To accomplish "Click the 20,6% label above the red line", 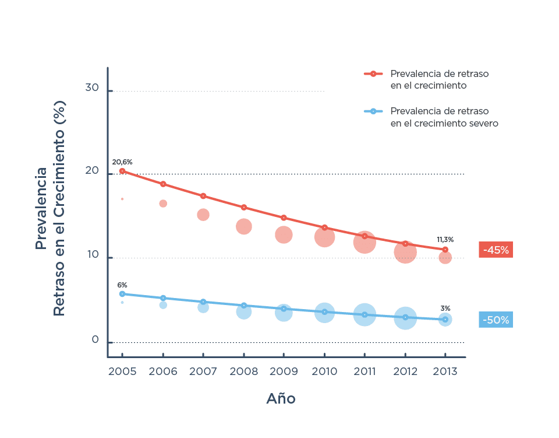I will pyautogui.click(x=122, y=162).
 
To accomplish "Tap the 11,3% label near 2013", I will pyautogui.click(x=445, y=240).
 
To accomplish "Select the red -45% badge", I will pyautogui.click(x=496, y=250).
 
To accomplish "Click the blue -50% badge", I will pyautogui.click(x=496, y=320).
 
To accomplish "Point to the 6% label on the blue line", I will pyautogui.click(x=122, y=285).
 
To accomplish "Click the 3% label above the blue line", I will pyautogui.click(x=445, y=309).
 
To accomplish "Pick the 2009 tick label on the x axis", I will pyautogui.click(x=284, y=372).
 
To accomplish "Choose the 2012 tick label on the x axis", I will pyautogui.click(x=405, y=372).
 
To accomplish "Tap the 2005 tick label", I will pyautogui.click(x=122, y=372).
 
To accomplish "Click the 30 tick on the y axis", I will pyautogui.click(x=92, y=88).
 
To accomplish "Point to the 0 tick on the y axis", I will pyautogui.click(x=95, y=340).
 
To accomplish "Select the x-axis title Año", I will pyautogui.click(x=281, y=399).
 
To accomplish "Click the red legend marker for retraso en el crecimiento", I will pyautogui.click(x=373, y=73).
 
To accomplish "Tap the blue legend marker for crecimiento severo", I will pyautogui.click(x=373, y=111).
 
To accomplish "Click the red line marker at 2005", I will pyautogui.click(x=122, y=171).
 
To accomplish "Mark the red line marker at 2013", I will pyautogui.click(x=445, y=250).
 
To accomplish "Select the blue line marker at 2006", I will pyautogui.click(x=163, y=298).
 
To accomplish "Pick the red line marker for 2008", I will pyautogui.click(x=244, y=207).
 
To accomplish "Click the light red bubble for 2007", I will pyautogui.click(x=203, y=215).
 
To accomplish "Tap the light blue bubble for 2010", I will pyautogui.click(x=324, y=313).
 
